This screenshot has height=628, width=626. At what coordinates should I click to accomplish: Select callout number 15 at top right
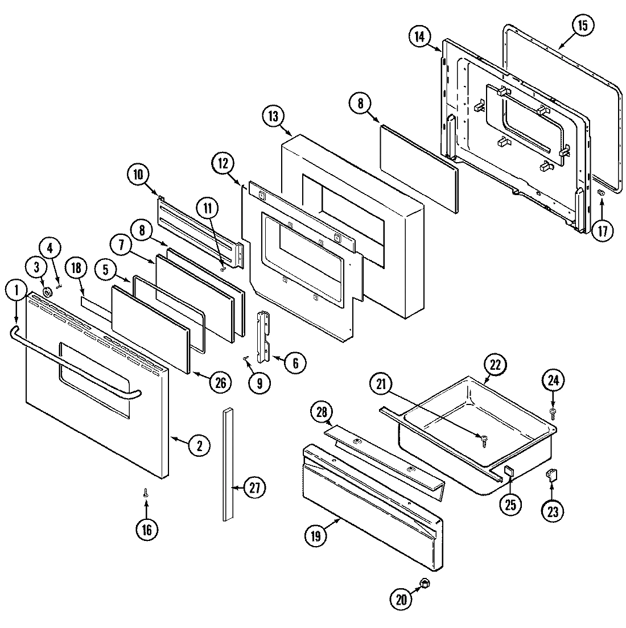click(582, 26)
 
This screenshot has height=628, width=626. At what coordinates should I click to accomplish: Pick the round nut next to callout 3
click(48, 292)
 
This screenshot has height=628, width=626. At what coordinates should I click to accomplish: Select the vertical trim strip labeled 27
click(228, 464)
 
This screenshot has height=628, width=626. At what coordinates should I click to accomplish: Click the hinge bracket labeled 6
click(264, 336)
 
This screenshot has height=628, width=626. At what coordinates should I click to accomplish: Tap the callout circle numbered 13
click(273, 116)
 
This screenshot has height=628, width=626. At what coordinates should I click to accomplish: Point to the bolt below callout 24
click(553, 410)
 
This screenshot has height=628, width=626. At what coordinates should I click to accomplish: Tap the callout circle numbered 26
click(220, 383)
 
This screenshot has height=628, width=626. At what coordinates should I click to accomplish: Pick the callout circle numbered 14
click(419, 38)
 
